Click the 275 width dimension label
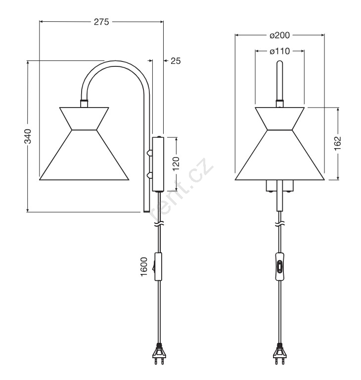pos(101,22)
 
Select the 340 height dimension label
pos(28,136)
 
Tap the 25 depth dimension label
pos(176,61)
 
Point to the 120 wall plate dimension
pos(176,163)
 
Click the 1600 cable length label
pos(144,267)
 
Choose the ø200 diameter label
pos(280,35)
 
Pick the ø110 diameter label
pos(280,51)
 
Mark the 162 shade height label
pos(338,144)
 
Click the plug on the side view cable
pos(159,354)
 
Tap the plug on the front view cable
pos(280,354)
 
